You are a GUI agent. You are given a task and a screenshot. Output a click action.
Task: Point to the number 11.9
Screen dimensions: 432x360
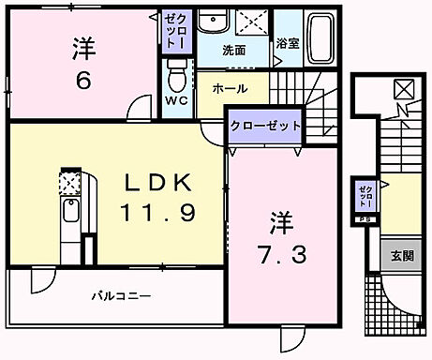coord(158,213)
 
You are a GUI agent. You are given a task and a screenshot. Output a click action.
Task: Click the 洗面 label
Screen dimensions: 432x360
coord(233,50)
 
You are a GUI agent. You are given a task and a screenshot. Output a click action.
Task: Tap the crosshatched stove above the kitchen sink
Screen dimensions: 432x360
coord(72,181)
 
